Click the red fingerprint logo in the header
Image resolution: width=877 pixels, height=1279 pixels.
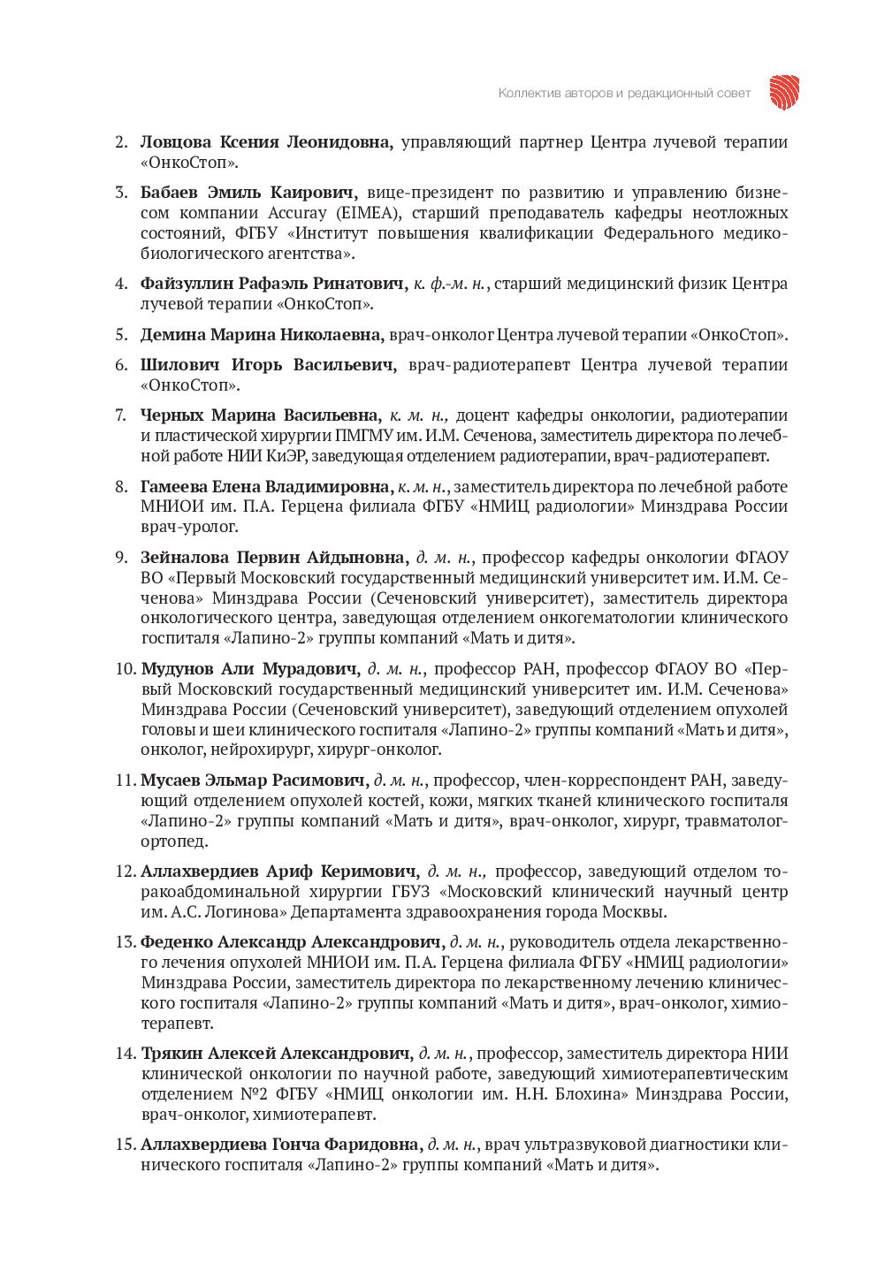pos(784,92)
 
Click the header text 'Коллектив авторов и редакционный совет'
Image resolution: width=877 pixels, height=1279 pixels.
pos(624,93)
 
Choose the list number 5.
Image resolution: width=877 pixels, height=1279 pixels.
pos(121,335)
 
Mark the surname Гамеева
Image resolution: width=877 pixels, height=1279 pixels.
pos(173,487)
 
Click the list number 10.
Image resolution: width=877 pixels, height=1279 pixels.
pos(125,668)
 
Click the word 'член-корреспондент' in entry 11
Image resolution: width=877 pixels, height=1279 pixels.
pos(598,780)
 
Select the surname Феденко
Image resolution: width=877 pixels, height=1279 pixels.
pos(177,942)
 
